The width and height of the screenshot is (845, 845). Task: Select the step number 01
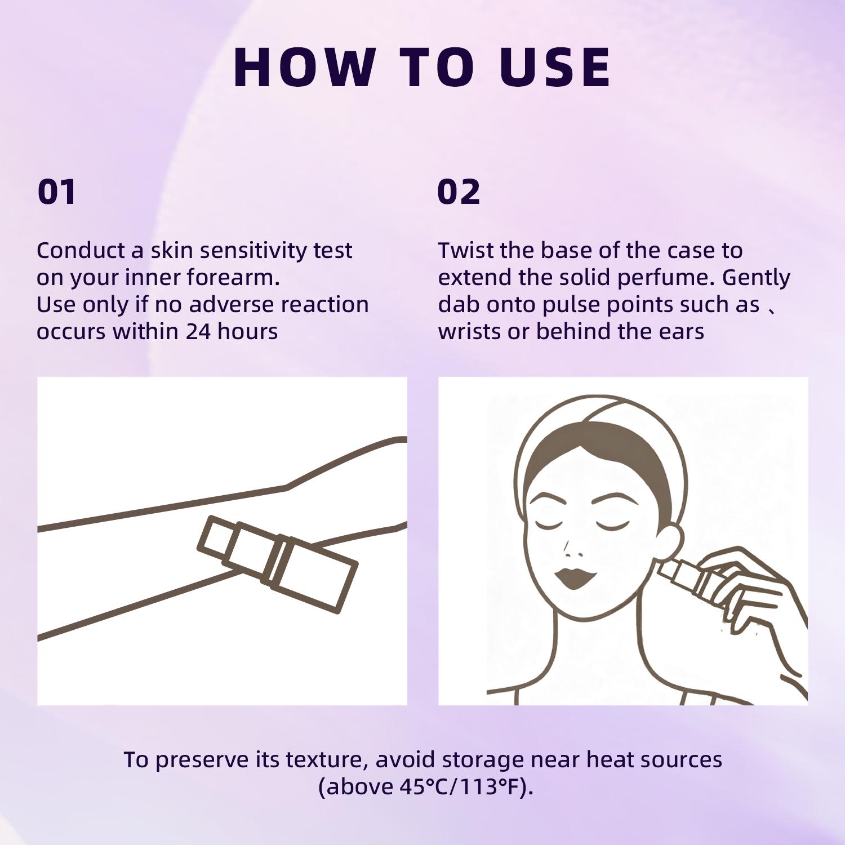pos(56,192)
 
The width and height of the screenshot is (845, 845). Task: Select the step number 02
pos(459,192)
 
